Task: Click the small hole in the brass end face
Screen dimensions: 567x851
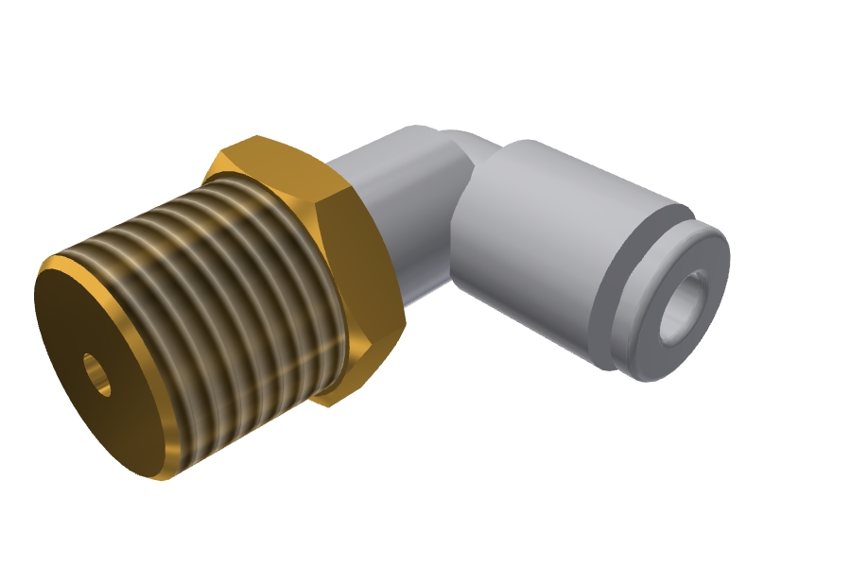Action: tap(96, 375)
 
